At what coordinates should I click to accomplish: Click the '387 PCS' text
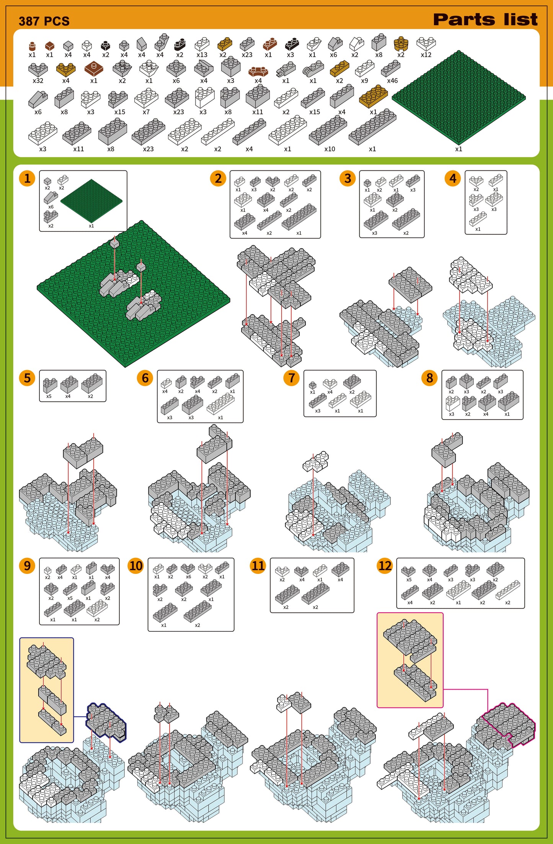[44, 21]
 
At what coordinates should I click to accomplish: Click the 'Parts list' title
[485, 20]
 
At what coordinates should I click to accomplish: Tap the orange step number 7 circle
[292, 378]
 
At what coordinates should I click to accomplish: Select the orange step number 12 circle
[385, 566]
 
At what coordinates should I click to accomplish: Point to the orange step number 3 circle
[347, 179]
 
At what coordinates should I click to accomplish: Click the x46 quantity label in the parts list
[392, 81]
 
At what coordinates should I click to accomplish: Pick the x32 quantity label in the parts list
[38, 81]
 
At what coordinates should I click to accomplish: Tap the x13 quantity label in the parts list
[202, 55]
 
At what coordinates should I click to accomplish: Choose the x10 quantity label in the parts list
[330, 149]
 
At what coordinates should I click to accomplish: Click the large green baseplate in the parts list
[459, 97]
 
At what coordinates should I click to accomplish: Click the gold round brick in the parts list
[401, 43]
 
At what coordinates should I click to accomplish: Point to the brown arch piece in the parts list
[258, 71]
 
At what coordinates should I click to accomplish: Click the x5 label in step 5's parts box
[49, 397]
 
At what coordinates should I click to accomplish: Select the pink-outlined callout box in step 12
[410, 660]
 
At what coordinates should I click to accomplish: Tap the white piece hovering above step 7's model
[316, 461]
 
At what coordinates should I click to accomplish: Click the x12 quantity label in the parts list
[426, 55]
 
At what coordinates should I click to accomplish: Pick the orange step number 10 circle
[136, 566]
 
